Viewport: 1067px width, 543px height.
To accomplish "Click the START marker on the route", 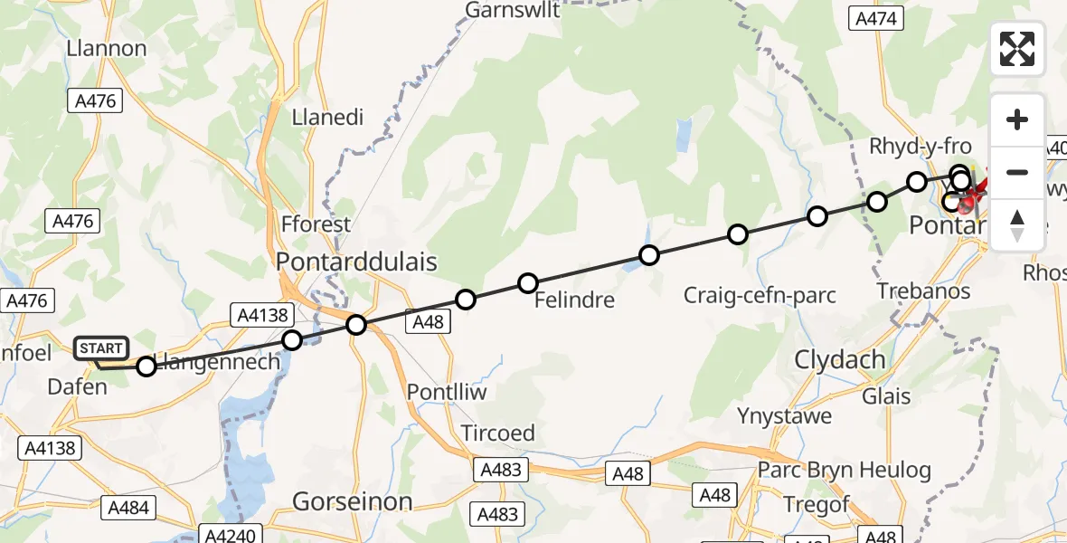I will [101, 348].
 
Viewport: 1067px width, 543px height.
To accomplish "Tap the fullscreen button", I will [1017, 49].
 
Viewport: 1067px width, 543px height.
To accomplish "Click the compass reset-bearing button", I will [1017, 225].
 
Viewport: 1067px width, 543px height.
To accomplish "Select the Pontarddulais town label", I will [356, 262].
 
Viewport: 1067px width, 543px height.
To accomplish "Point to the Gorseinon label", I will [353, 502].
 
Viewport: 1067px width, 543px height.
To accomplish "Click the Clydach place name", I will [840, 359].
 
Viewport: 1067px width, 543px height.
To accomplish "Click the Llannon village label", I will [107, 48].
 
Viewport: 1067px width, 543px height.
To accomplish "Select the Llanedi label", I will [327, 118].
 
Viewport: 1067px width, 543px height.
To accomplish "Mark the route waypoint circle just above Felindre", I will [527, 283].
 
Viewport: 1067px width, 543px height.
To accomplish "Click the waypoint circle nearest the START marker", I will [146, 366].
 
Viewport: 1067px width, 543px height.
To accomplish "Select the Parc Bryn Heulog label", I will [845, 471].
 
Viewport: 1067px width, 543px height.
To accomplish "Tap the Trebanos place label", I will [923, 291].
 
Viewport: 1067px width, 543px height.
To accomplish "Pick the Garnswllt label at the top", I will [513, 10].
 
